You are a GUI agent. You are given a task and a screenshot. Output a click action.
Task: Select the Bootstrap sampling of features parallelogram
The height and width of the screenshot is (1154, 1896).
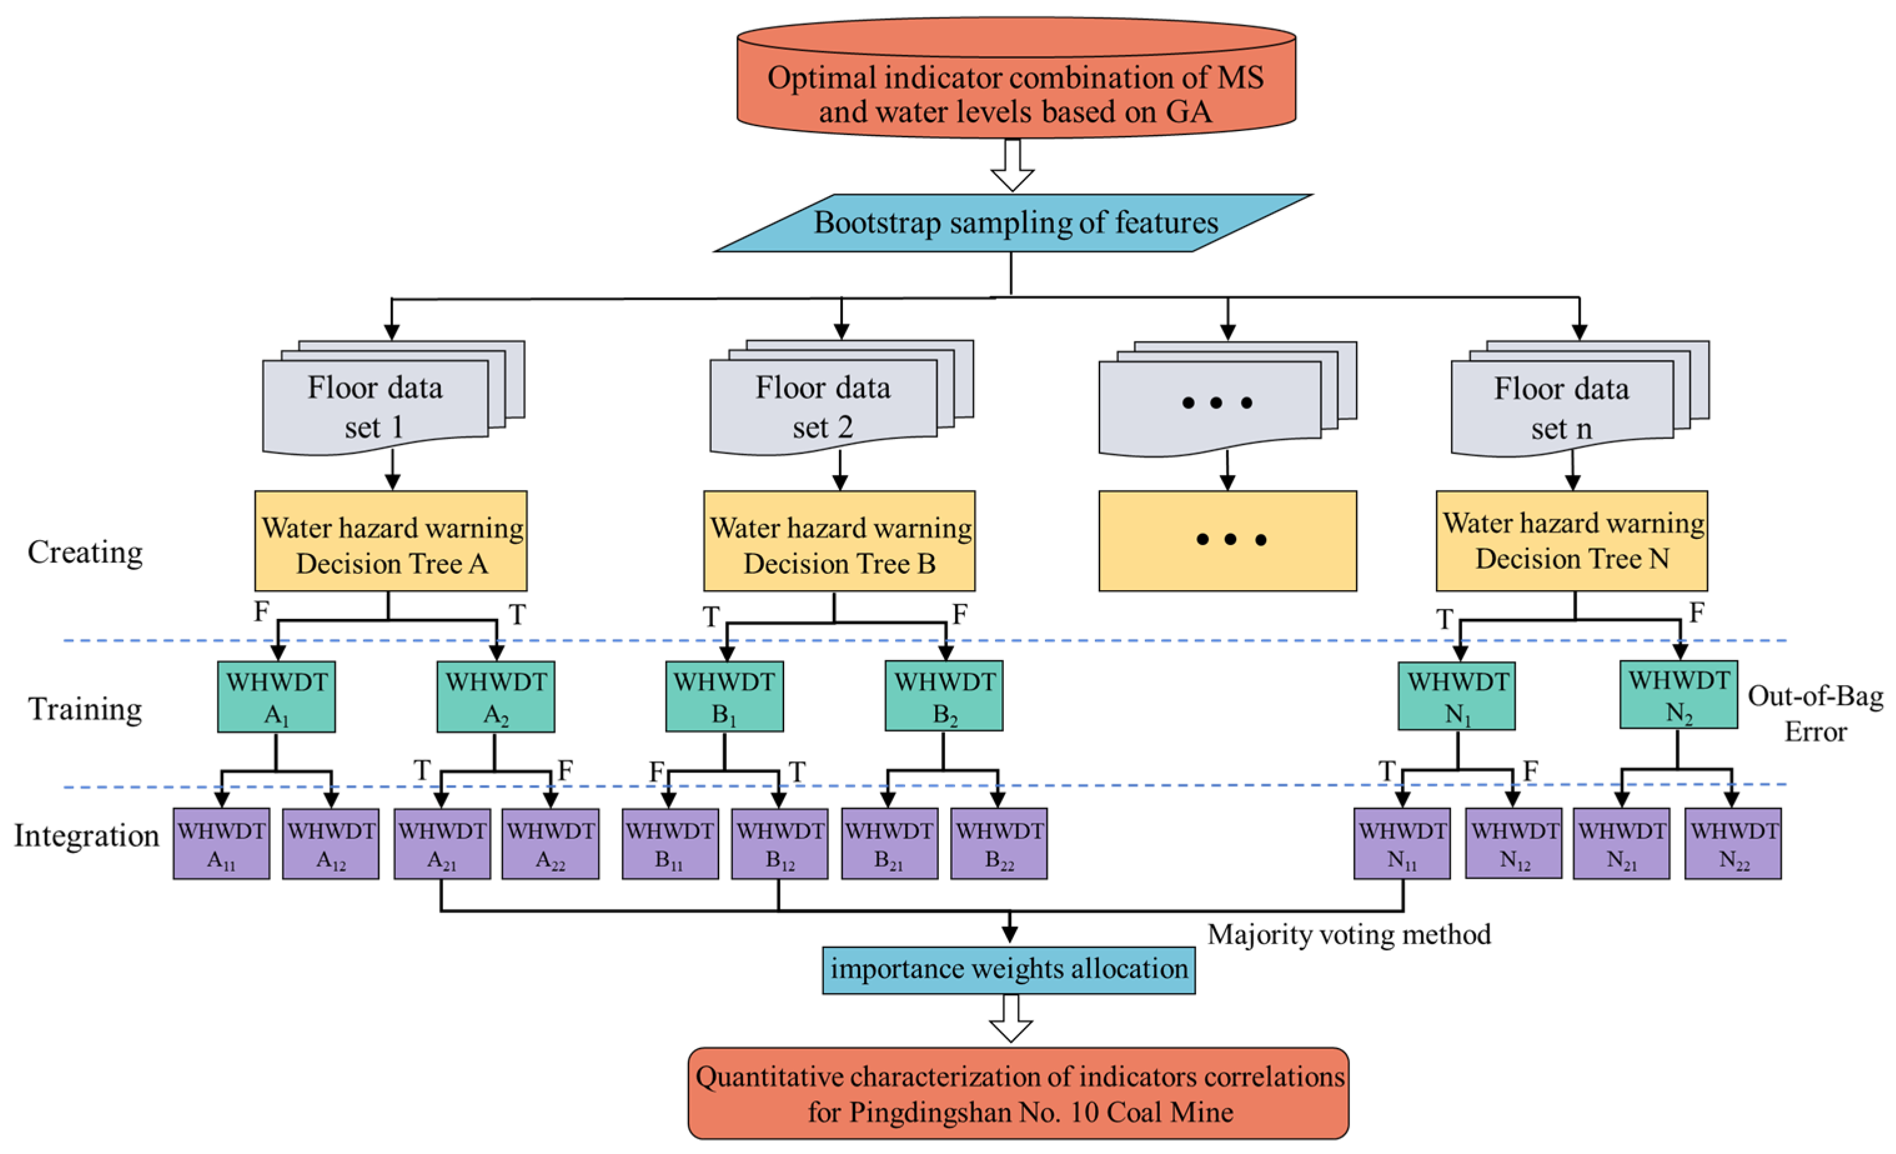click(1014, 224)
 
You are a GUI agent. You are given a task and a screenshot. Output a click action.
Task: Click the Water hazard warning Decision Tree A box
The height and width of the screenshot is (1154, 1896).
click(391, 541)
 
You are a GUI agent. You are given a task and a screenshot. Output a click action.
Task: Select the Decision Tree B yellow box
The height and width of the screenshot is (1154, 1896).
click(840, 541)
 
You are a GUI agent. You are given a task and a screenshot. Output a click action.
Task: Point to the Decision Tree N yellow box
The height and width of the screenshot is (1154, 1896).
click(1572, 541)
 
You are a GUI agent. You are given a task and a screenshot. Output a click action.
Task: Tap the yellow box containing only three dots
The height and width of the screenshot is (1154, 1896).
click(1227, 541)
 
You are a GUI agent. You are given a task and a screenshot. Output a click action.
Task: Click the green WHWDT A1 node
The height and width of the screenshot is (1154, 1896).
click(276, 697)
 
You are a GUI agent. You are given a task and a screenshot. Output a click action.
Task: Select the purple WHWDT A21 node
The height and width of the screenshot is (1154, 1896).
click(443, 844)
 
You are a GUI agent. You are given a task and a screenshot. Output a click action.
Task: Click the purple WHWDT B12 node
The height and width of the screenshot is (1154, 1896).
click(780, 844)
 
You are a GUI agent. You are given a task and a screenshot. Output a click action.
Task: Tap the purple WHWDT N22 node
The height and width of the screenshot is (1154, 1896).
click(1733, 844)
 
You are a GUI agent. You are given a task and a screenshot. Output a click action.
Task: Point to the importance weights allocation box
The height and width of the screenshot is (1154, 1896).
click(1009, 970)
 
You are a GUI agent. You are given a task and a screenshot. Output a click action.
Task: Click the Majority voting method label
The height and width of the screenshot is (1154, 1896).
click(1349, 935)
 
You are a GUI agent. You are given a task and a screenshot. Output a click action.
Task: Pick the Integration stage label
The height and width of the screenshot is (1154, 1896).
click(86, 836)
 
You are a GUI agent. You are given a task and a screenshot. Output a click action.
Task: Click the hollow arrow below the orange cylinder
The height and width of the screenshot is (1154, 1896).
click(1013, 165)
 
